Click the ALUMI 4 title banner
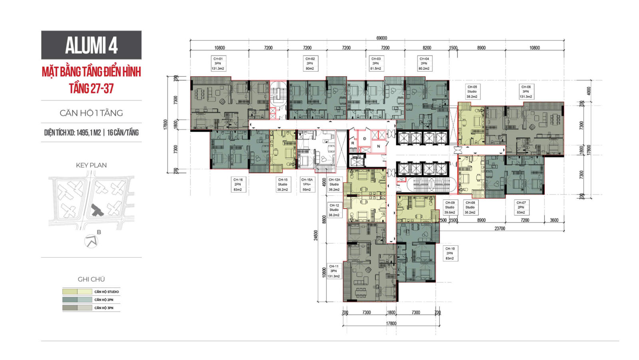(91, 45)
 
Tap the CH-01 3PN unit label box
(218, 64)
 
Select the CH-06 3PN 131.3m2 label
(526, 91)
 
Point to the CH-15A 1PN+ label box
(307, 185)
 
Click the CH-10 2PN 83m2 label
(450, 253)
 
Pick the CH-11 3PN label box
(333, 271)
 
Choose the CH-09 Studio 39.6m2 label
(450, 207)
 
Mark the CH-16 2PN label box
(238, 185)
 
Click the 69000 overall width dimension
(381, 38)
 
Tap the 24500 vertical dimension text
(316, 235)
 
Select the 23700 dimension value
(500, 229)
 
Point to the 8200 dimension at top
(427, 48)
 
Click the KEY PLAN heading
(91, 165)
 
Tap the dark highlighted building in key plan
(97, 210)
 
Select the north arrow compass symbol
(91, 241)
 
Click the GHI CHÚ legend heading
(91, 279)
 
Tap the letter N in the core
(379, 146)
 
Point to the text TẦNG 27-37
(91, 88)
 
